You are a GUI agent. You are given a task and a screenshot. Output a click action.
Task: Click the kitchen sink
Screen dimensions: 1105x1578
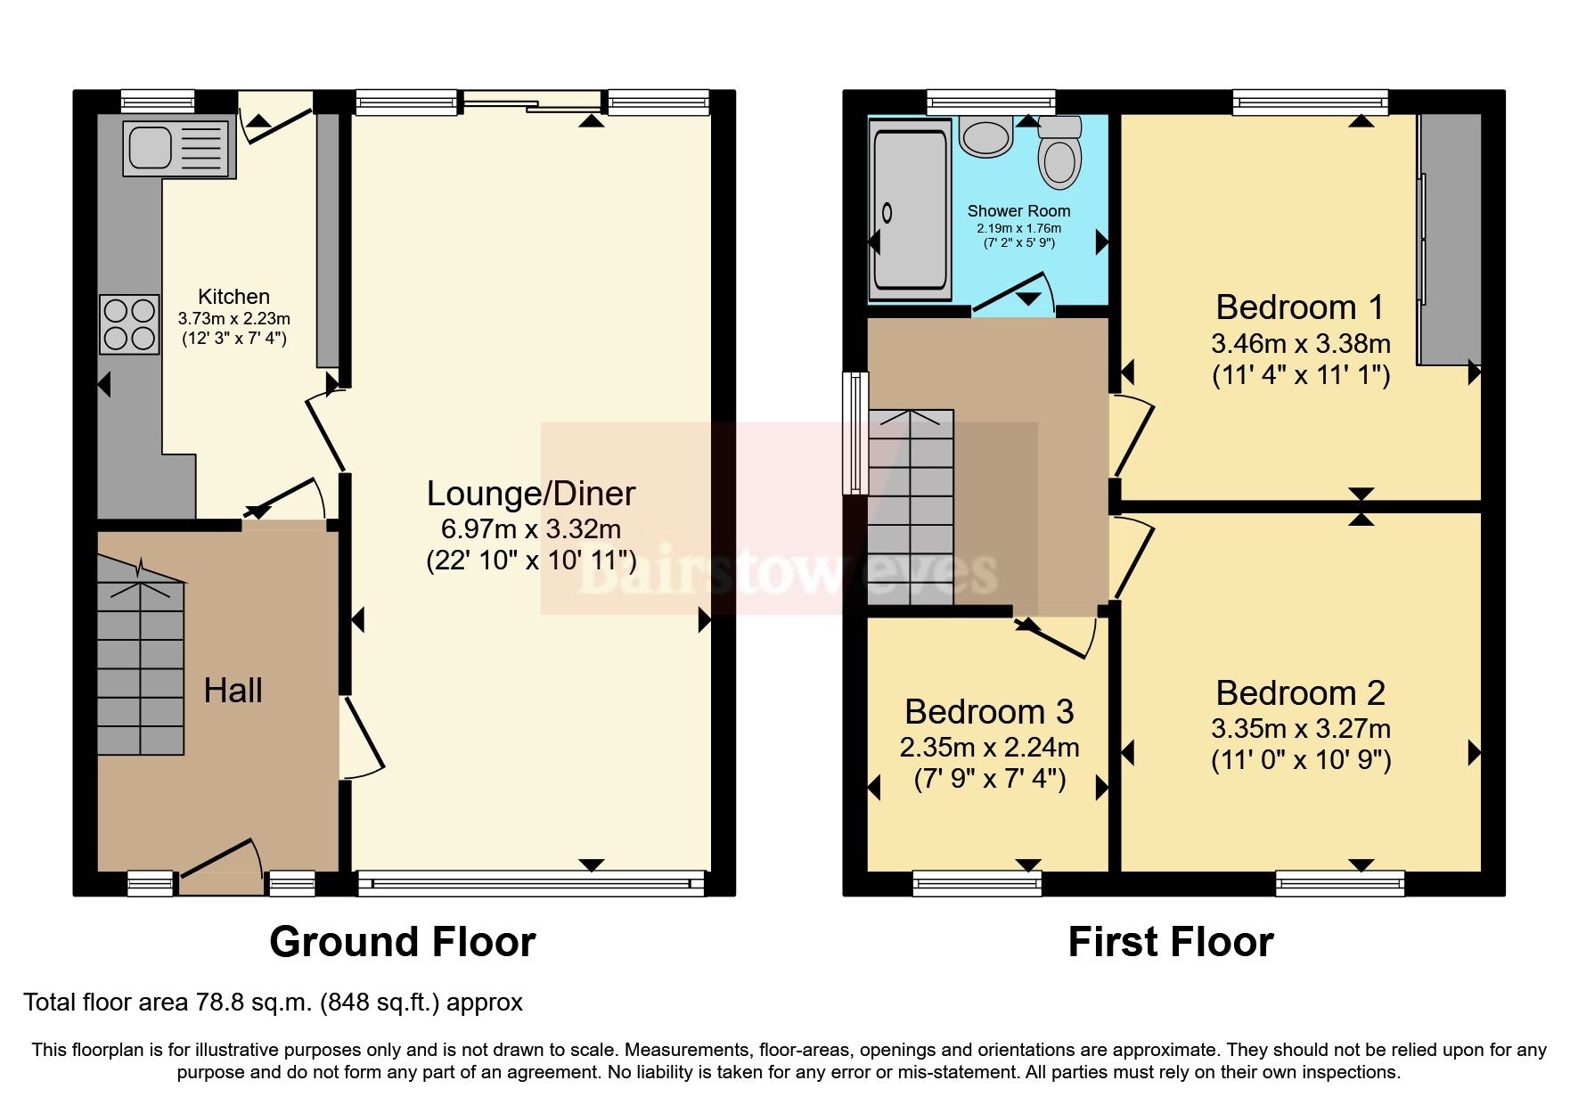176,148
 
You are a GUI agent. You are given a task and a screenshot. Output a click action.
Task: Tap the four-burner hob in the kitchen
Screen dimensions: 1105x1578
129,324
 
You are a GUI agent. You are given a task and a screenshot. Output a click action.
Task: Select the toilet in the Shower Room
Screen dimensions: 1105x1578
1059,153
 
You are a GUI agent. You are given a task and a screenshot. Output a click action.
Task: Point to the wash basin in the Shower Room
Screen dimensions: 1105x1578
985,136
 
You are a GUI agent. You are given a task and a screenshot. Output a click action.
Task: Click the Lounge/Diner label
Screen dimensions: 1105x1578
531,494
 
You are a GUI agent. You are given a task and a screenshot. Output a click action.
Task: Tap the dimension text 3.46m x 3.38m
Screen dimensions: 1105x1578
1300,343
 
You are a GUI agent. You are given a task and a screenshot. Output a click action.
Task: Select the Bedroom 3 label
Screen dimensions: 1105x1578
989,712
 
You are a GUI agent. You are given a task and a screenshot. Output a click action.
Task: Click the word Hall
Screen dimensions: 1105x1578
233,691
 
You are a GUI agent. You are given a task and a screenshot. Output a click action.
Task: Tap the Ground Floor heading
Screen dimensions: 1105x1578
402,942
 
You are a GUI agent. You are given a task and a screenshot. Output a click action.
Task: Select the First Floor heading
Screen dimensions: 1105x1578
1170,942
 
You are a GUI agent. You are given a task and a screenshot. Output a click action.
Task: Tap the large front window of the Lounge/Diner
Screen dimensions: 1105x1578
531,883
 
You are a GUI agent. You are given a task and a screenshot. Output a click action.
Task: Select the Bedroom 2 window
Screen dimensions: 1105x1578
1339,884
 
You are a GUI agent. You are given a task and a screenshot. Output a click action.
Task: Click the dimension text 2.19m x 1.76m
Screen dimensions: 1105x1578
1018,228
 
